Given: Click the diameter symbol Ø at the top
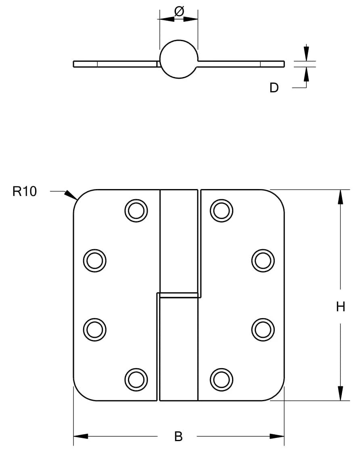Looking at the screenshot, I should (x=179, y=12).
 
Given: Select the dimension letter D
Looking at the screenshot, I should (x=274, y=88).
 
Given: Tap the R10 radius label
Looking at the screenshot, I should (x=25, y=192).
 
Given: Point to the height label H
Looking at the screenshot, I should (x=341, y=307).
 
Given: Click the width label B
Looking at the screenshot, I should (x=178, y=436).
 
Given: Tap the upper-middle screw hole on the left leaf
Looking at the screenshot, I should (x=95, y=260).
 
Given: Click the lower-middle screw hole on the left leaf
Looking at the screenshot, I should (x=95, y=329).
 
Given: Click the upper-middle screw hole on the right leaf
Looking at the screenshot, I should (x=263, y=260).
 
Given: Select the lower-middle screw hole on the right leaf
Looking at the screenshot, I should (x=263, y=329).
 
